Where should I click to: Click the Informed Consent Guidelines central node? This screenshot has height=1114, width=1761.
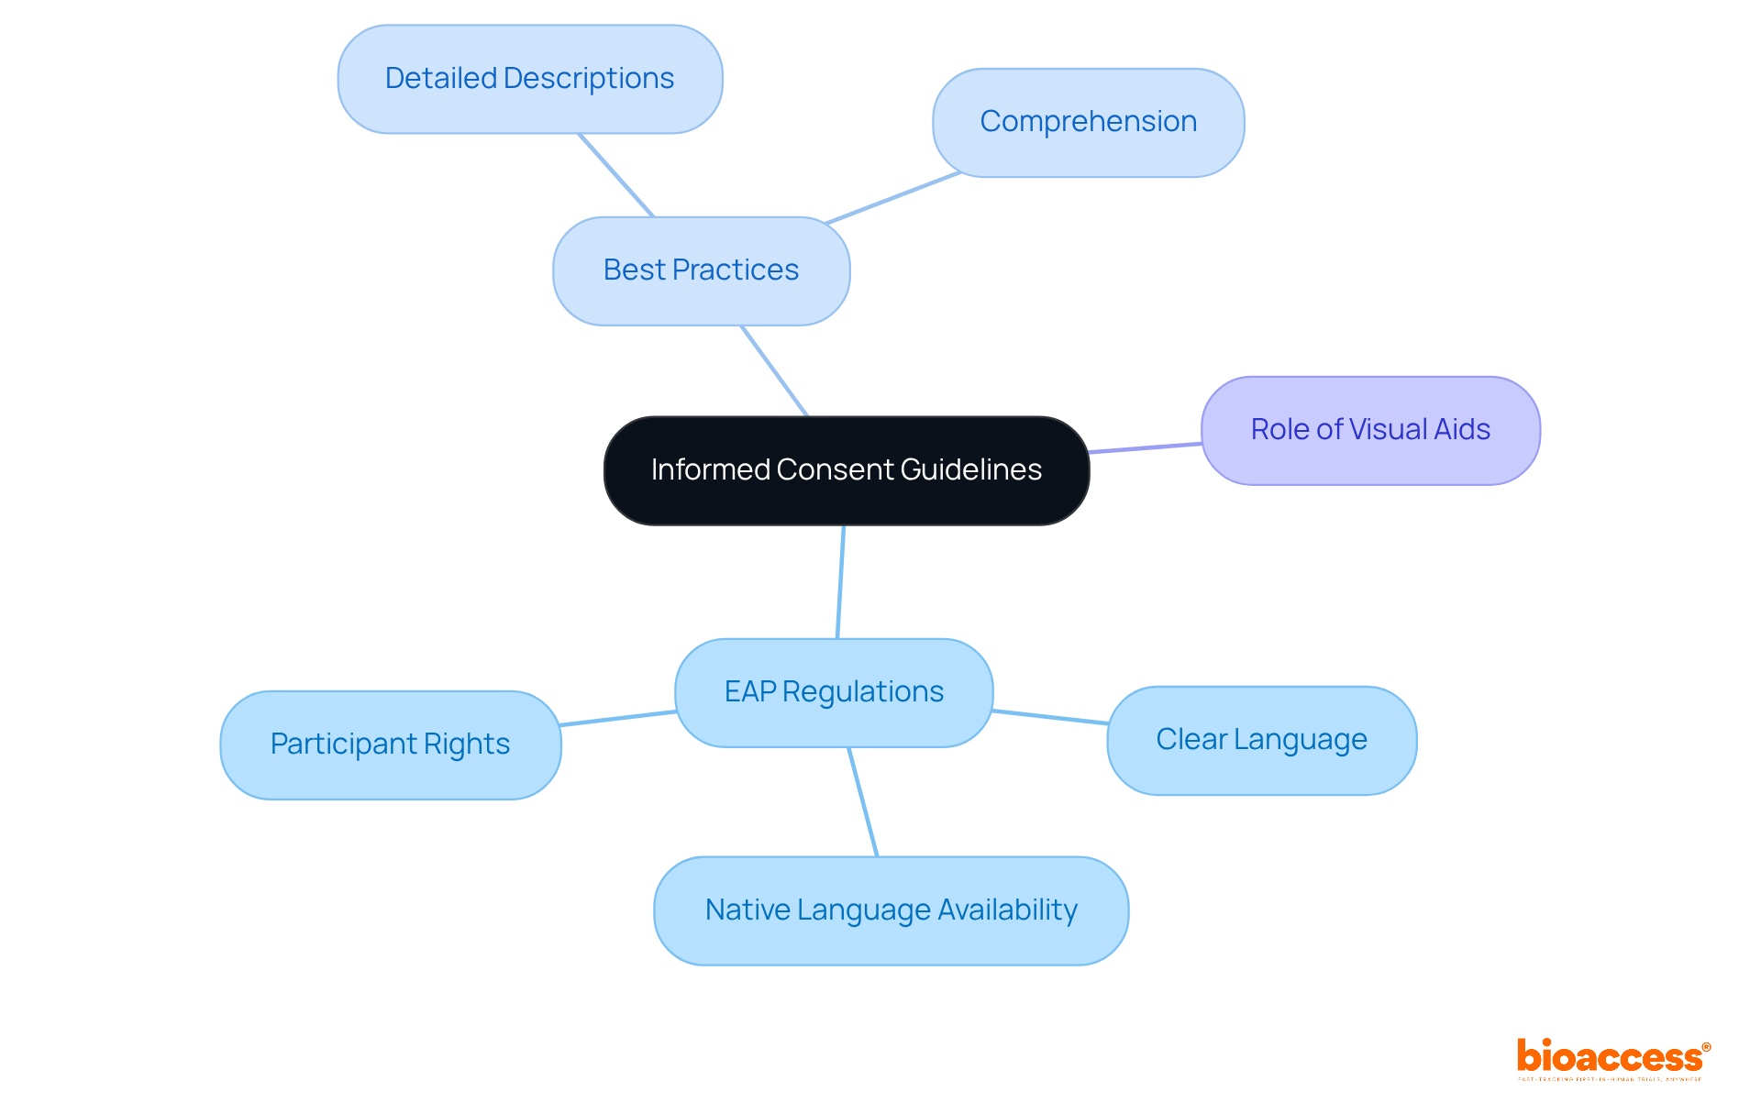click(x=846, y=470)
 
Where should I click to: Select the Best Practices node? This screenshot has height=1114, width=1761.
click(x=701, y=270)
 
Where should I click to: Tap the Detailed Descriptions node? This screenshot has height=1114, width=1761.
click(x=529, y=79)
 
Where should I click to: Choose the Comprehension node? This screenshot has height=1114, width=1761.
click(x=1088, y=122)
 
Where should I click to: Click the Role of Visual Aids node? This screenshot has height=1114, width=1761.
click(x=1369, y=430)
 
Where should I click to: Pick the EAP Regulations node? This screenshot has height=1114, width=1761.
click(x=833, y=692)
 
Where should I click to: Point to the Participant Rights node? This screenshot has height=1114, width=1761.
click(x=390, y=745)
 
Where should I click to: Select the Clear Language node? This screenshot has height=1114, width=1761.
click(x=1261, y=740)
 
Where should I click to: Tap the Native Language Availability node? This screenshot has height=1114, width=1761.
click(x=891, y=910)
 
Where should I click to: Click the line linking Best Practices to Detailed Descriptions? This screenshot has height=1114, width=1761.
click(x=615, y=175)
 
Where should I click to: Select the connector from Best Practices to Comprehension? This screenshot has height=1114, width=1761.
click(x=892, y=198)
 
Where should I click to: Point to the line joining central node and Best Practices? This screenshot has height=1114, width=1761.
click(x=774, y=370)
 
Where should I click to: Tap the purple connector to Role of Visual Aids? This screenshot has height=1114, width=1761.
click(x=1145, y=447)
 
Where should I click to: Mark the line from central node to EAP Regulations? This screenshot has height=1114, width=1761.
click(x=840, y=581)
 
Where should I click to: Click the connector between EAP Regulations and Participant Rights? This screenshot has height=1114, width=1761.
click(x=618, y=718)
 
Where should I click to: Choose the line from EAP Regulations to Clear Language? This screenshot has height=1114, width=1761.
click(x=1050, y=717)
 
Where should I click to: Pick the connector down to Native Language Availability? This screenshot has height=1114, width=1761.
click(x=863, y=802)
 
